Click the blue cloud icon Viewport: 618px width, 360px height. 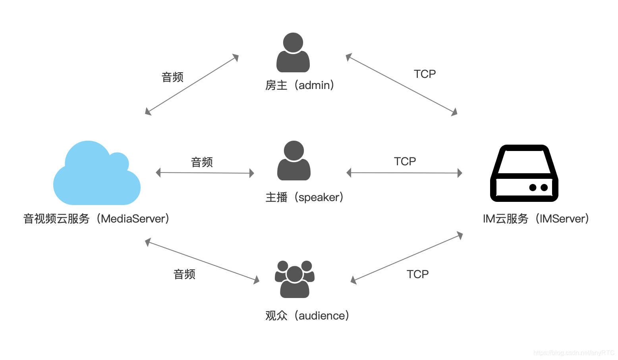tap(97, 177)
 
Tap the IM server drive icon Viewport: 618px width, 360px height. tap(524, 173)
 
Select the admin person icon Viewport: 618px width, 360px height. tap(293, 52)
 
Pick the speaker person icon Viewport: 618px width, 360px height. tap(294, 161)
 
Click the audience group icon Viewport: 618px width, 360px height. tap(295, 279)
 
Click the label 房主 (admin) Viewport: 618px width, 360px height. tap(300, 85)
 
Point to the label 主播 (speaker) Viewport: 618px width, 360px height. tap(305, 197)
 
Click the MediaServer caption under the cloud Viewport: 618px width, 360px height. tap(96, 219)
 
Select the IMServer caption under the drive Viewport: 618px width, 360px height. tap(536, 219)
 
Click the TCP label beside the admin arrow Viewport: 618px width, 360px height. tap(425, 74)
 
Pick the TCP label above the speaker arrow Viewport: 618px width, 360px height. tap(405, 161)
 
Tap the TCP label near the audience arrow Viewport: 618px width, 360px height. tap(417, 274)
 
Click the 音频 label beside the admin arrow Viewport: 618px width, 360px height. tap(172, 77)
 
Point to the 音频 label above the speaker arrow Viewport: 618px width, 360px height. tap(202, 162)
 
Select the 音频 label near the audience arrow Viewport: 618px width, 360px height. tap(184, 274)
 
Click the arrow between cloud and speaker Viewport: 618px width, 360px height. tap(205, 173)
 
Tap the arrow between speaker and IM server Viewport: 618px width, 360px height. tap(404, 173)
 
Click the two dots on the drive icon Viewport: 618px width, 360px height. tap(538, 188)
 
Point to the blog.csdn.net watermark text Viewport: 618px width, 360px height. tap(574, 353)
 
